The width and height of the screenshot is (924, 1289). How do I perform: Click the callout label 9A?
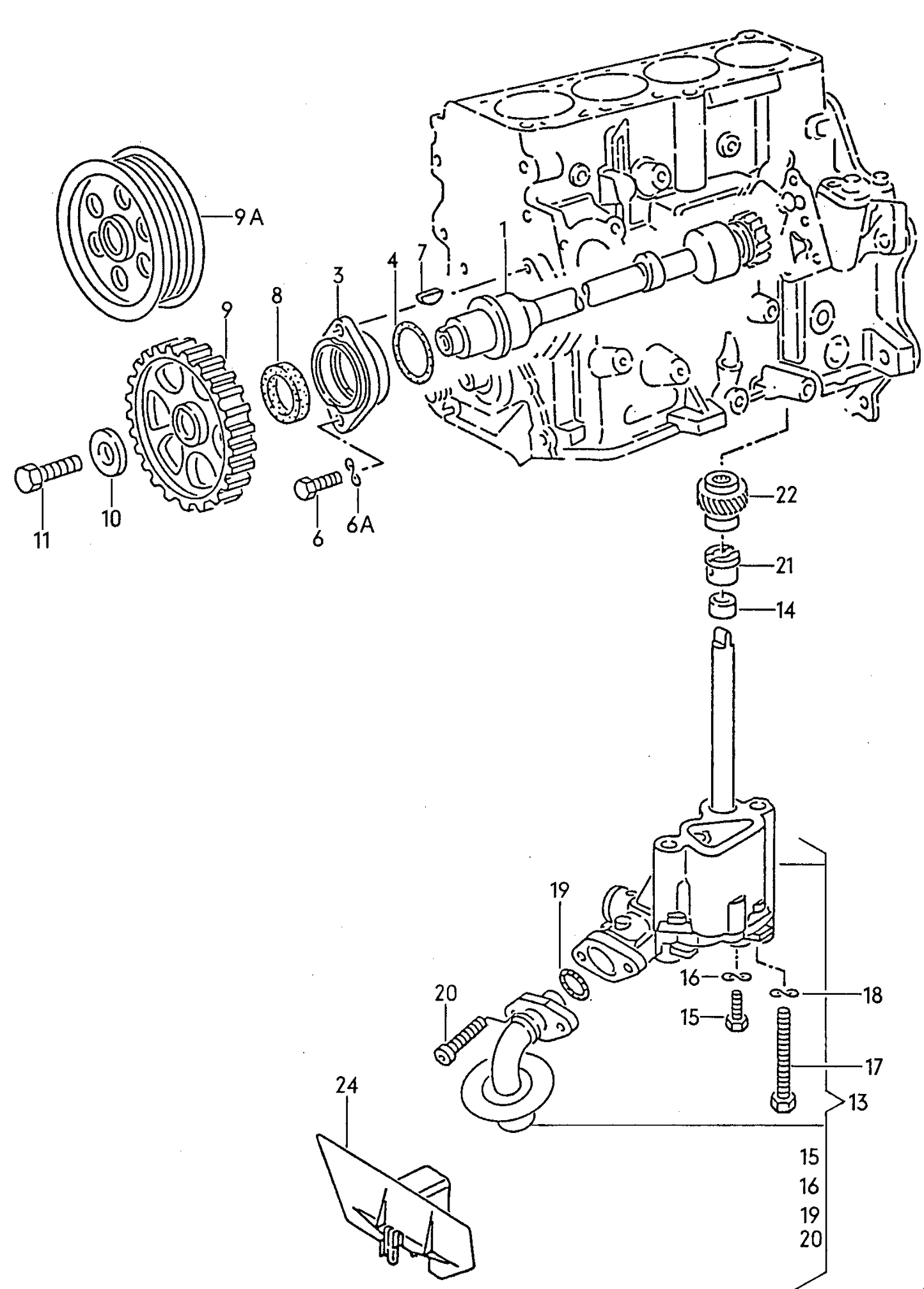click(249, 218)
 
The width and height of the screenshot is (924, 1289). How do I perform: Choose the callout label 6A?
click(360, 524)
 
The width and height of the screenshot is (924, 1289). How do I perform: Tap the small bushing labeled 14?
click(721, 606)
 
